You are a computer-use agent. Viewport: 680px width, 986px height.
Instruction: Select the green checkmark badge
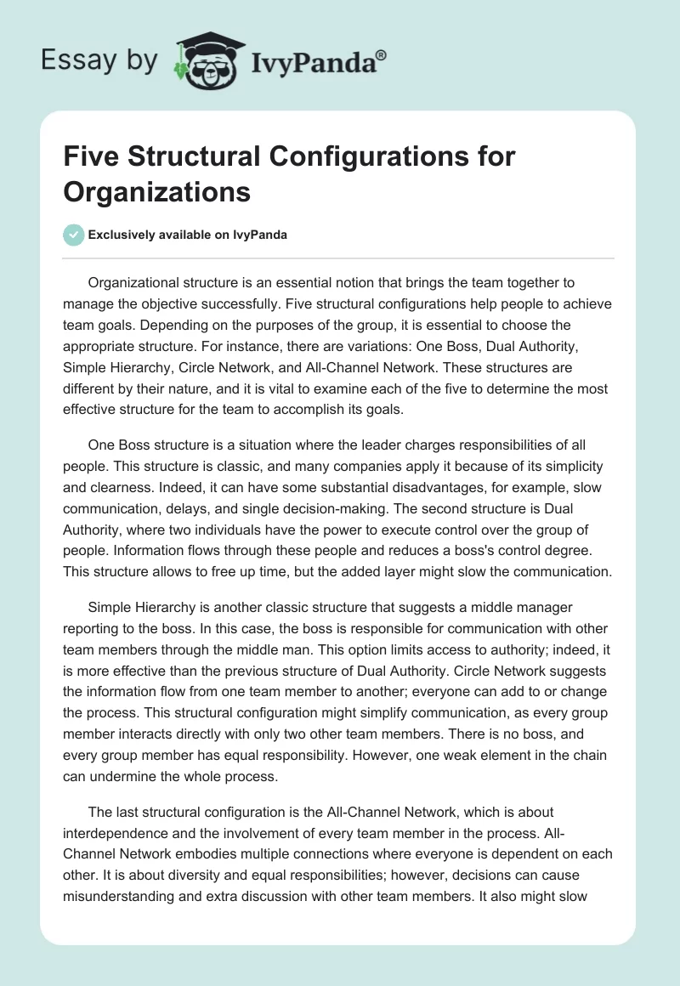[x=74, y=235]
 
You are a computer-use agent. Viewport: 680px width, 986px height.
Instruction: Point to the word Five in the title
[x=92, y=158]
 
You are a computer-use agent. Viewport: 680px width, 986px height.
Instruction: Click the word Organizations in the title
[x=157, y=192]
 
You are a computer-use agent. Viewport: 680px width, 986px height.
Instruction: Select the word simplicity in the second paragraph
[x=571, y=467]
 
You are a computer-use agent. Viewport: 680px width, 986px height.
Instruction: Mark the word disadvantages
[x=392, y=489]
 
